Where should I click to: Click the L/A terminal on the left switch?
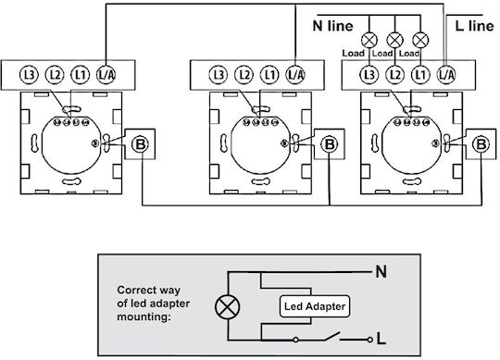pos(106,75)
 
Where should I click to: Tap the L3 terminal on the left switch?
pos(29,75)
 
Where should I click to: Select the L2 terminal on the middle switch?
pos(244,75)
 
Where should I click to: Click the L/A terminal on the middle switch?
pos(295,75)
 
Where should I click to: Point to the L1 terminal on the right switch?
pos(420,75)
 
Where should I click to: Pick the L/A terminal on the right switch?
pos(446,75)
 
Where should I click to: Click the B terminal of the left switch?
pos(140,144)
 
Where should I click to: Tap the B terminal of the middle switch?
pos(330,144)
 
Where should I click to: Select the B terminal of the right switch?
pos(481,144)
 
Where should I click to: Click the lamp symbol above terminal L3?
pos(369,41)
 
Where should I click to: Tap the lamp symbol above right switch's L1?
pos(420,41)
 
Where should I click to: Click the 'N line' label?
pos(333,26)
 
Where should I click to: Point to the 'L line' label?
pos(474,26)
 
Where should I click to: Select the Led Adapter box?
pos(315,306)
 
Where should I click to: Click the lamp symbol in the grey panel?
pos(228,307)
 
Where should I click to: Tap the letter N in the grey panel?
pos(381,272)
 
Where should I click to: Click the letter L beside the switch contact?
pos(381,339)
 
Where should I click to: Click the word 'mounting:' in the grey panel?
pos(144,317)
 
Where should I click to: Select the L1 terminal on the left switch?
pos(81,75)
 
